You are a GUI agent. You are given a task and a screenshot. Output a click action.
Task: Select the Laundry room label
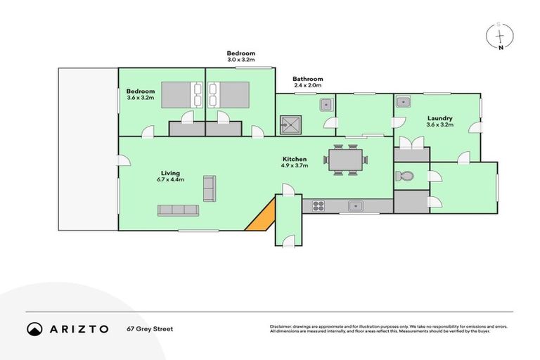439,118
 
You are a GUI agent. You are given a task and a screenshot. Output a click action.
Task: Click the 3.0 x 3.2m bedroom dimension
240,60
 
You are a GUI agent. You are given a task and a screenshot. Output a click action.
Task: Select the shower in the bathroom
290,124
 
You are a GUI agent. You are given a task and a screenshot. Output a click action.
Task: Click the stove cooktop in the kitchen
318,206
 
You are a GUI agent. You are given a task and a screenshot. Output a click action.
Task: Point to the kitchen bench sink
356,206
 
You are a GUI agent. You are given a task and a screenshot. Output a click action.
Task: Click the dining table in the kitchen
345,160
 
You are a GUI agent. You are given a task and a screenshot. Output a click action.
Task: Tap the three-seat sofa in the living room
178,210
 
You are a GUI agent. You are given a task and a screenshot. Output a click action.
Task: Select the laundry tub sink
403,103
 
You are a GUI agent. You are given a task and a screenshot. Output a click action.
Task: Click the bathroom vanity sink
326,105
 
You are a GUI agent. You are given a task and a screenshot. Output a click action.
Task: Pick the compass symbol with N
500,34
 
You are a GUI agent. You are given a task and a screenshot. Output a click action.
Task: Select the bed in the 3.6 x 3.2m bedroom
181,94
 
